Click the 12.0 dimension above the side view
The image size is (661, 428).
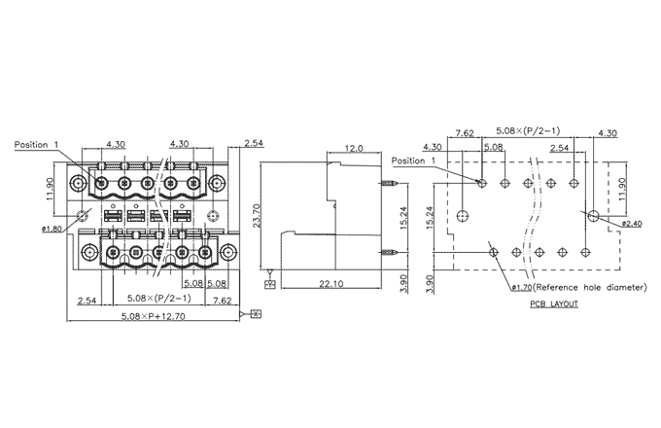(354, 149)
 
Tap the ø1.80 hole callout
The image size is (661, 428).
(52, 229)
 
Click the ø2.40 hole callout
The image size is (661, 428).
(632, 223)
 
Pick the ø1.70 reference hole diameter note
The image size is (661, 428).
(577, 288)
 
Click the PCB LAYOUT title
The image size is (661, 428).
(554, 303)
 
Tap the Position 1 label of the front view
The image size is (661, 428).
(37, 145)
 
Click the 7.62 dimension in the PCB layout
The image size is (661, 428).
(464, 133)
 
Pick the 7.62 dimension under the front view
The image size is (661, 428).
(220, 300)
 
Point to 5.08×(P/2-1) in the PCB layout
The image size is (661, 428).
(535, 129)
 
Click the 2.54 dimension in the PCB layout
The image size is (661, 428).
(558, 148)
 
